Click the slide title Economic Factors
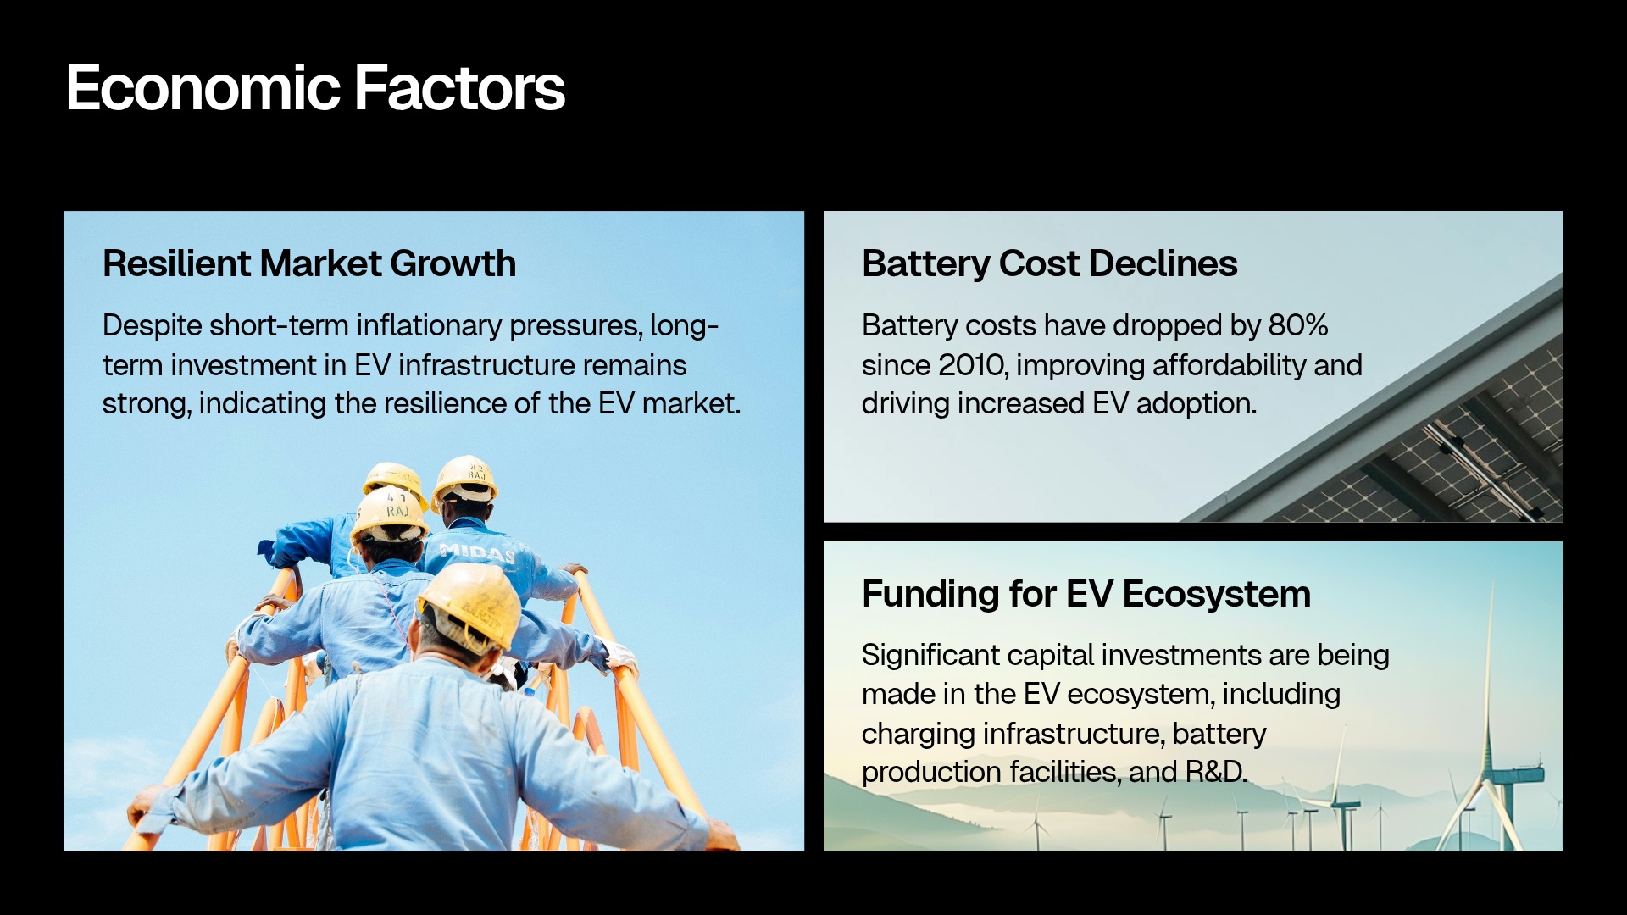(x=315, y=88)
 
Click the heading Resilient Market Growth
(x=309, y=263)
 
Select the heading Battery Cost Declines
(x=1049, y=263)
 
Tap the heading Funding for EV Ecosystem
(x=1086, y=594)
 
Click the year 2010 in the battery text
(x=971, y=365)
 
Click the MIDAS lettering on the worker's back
(x=477, y=553)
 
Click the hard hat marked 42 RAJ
(x=464, y=479)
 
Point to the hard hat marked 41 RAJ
(x=389, y=511)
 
